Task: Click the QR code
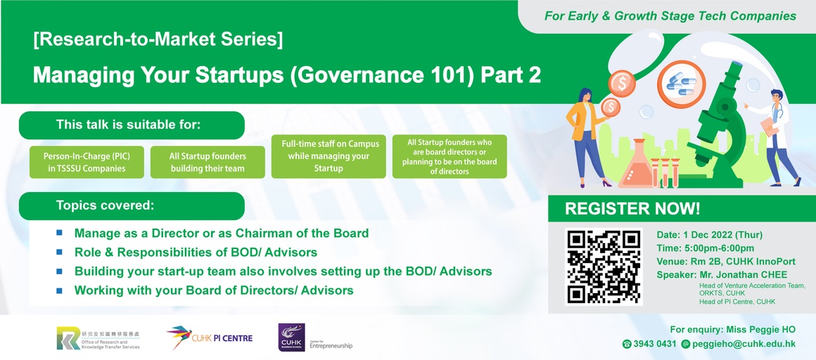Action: point(604,266)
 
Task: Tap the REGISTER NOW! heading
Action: point(632,209)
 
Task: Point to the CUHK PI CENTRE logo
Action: point(209,337)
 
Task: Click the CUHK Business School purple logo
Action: point(291,337)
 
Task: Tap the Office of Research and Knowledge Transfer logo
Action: point(99,339)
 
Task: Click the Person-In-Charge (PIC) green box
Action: point(87,162)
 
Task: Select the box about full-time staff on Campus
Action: point(329,156)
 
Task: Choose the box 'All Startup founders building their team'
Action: point(208,162)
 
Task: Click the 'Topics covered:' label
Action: point(105,205)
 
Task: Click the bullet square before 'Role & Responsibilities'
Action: point(59,252)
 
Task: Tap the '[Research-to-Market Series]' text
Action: point(158,39)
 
